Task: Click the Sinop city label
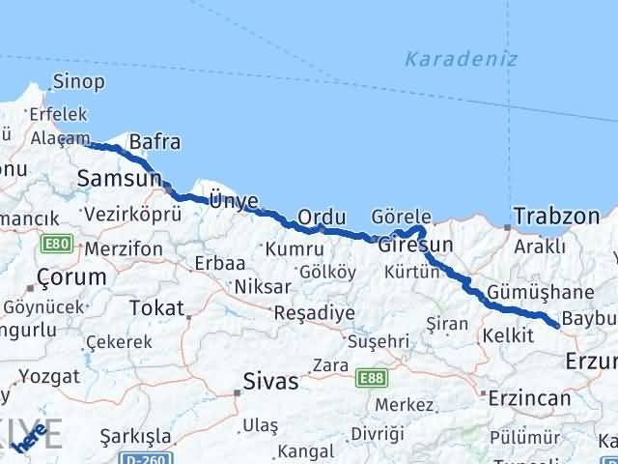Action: coord(78,81)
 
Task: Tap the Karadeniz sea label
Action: coord(461,59)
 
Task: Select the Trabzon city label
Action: coord(556,217)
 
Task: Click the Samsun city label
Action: coord(118,178)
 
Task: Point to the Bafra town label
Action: coord(154,142)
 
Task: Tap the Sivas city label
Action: coord(271,381)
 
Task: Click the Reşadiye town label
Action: coord(315,313)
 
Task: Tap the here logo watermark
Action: coord(37,437)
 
